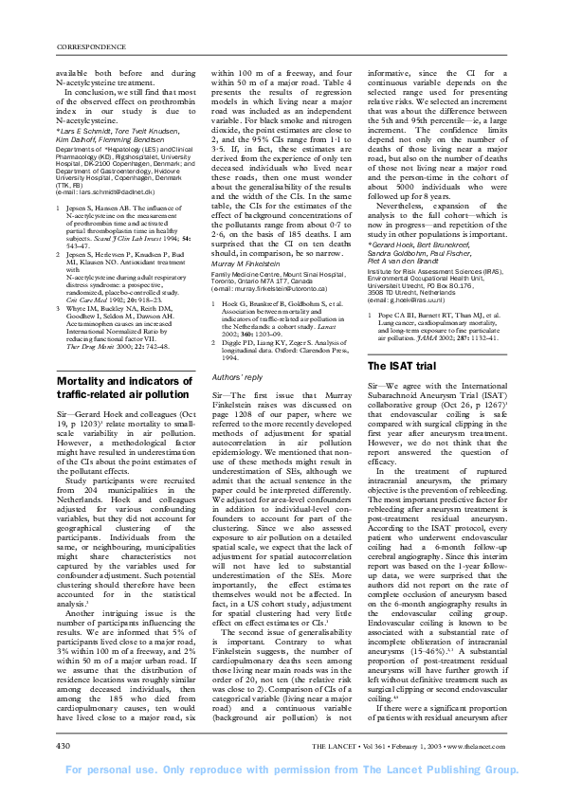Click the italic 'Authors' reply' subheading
coord(238,377)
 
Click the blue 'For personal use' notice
coord(282,769)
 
